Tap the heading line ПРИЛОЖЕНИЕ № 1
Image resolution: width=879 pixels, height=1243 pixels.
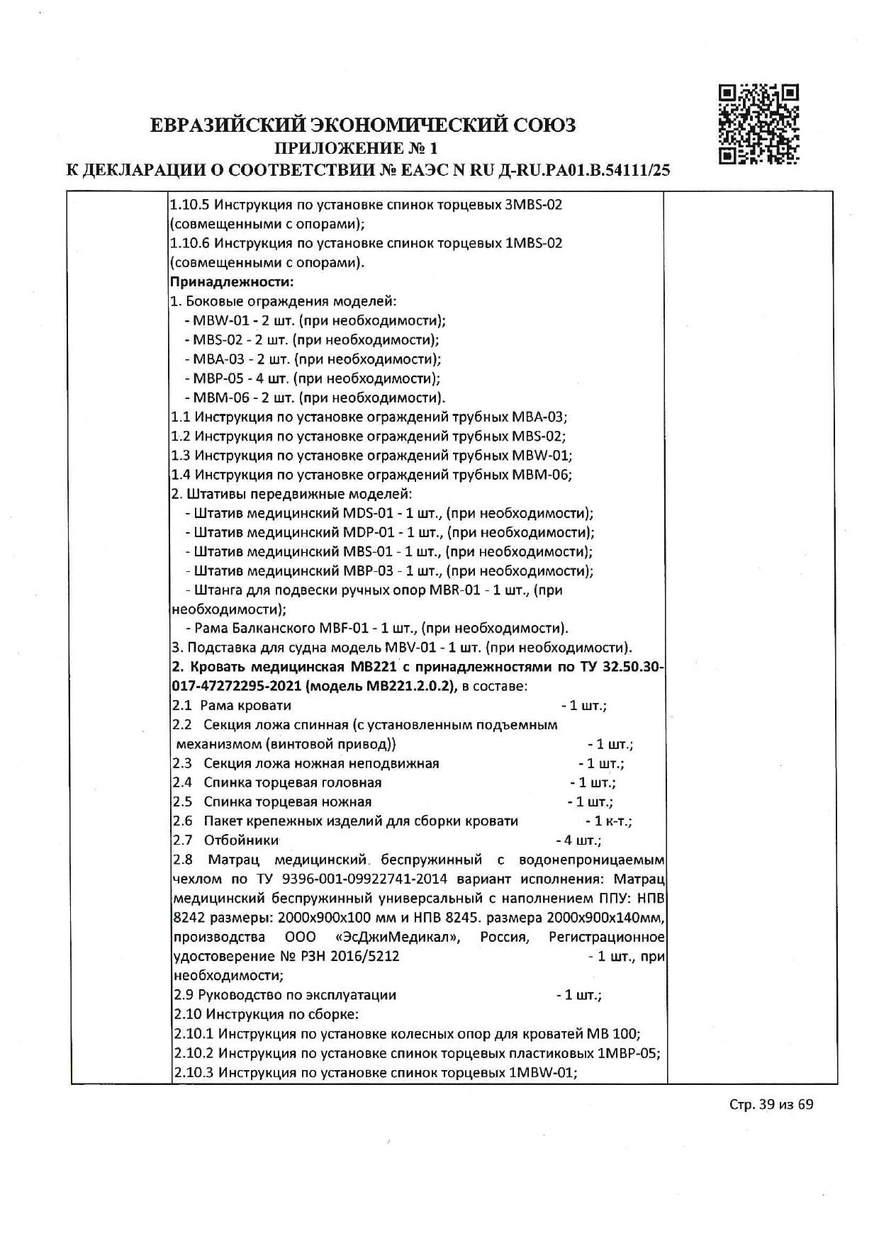(357, 148)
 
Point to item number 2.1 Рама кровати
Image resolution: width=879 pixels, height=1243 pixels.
(182, 705)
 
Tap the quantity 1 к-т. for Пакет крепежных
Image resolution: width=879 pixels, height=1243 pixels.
(608, 821)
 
